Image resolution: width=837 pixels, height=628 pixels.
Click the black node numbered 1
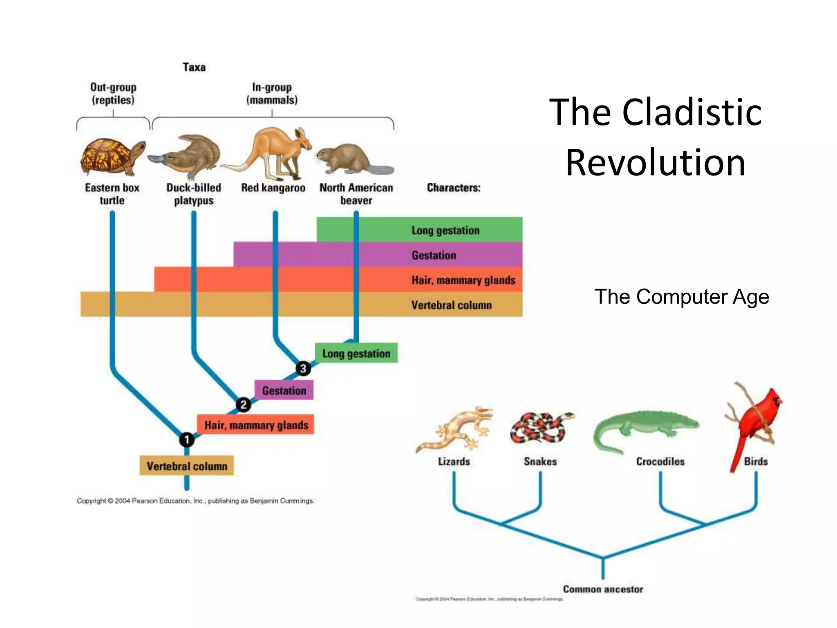click(x=187, y=440)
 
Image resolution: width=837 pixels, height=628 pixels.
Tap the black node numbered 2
click(x=244, y=405)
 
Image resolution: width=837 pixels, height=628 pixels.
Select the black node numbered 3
click(x=303, y=368)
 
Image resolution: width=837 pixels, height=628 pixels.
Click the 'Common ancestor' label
click(x=603, y=589)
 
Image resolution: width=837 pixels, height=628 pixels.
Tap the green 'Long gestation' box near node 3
click(x=356, y=353)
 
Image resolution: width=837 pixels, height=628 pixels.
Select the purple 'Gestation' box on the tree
click(x=284, y=390)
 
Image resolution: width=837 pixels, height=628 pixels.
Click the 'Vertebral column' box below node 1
click(x=187, y=466)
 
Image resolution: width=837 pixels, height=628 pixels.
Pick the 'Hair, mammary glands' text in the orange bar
click(x=463, y=280)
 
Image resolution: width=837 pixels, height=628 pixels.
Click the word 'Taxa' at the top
click(x=194, y=67)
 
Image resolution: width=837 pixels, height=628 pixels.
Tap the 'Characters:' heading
click(x=454, y=188)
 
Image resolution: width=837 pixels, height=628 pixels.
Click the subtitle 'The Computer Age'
click(x=681, y=297)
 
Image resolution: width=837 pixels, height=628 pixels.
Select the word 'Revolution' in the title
click(x=656, y=163)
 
